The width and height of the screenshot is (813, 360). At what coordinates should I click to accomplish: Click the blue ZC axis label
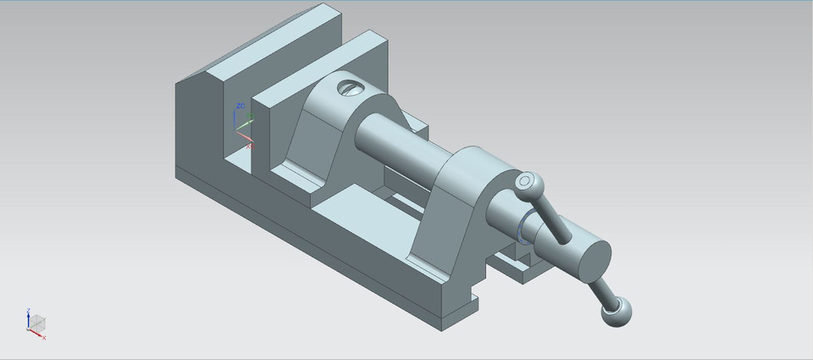pyautogui.click(x=241, y=106)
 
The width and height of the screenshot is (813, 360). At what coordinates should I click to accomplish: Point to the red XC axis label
pyautogui.click(x=250, y=146)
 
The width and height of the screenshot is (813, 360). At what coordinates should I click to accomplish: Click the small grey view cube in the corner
pyautogui.click(x=36, y=322)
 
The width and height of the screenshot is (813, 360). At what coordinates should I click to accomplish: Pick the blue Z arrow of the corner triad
pyautogui.click(x=30, y=314)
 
